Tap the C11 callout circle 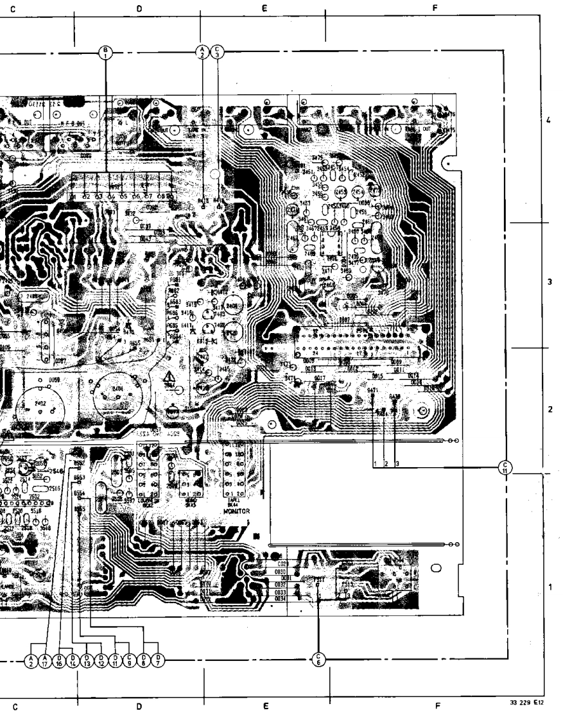click(x=506, y=467)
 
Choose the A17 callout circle click(x=45, y=660)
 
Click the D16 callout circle click(x=60, y=660)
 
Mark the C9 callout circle click(x=130, y=660)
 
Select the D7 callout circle click(x=159, y=660)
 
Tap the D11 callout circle click(x=116, y=660)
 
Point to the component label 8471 click(x=372, y=390)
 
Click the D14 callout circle click(x=74, y=660)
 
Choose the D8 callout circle click(x=144, y=660)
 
